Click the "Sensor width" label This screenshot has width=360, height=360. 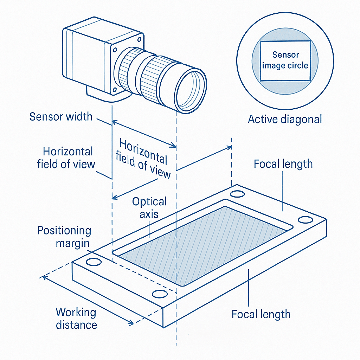[61, 117]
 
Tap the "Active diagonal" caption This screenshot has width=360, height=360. [285, 120]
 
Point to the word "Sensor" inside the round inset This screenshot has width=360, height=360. [285, 55]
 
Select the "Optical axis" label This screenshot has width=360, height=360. [149, 208]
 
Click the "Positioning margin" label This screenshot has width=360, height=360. [64, 237]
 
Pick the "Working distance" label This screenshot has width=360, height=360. [76, 319]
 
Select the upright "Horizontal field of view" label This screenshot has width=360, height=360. [66, 158]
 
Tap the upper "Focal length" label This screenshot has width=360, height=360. [283, 164]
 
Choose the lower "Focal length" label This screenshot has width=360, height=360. [261, 314]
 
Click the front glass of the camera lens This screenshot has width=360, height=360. [190, 90]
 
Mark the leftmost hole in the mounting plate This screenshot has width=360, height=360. [94, 262]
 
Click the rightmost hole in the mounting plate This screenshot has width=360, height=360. [306, 220]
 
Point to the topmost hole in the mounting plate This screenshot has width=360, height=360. [237, 194]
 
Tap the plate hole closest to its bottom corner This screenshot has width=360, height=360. [160, 294]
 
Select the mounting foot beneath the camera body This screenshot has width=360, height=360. [108, 95]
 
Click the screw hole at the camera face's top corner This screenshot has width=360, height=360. [139, 39]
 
